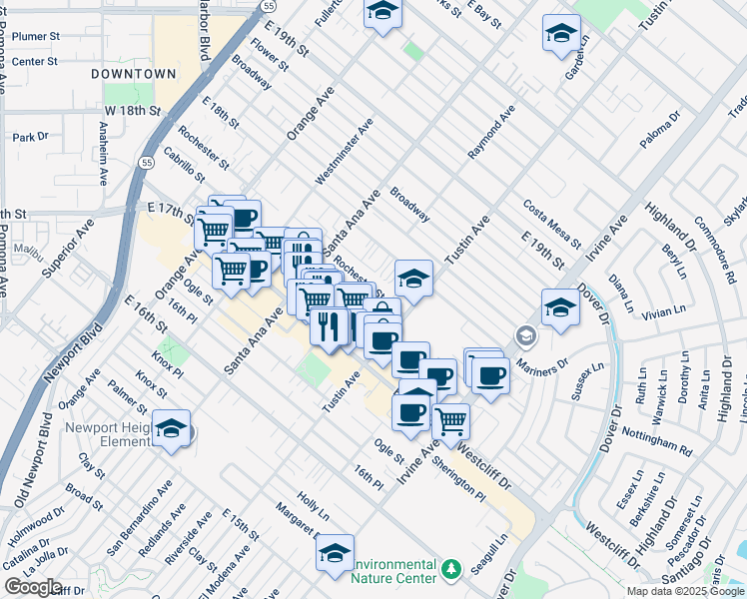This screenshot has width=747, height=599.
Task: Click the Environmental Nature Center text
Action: (x=394, y=571)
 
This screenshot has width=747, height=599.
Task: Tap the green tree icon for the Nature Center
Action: (x=451, y=568)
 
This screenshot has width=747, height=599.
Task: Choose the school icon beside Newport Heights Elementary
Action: (x=173, y=429)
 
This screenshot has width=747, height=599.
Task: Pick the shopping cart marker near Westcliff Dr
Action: (x=451, y=420)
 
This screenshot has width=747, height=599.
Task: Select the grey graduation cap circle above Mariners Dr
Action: (x=524, y=335)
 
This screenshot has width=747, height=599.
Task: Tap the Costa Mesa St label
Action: (x=552, y=224)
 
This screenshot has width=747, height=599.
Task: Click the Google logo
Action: (x=32, y=587)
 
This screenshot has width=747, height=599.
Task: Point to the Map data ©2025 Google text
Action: (x=685, y=591)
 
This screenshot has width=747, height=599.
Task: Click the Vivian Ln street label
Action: (x=665, y=313)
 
